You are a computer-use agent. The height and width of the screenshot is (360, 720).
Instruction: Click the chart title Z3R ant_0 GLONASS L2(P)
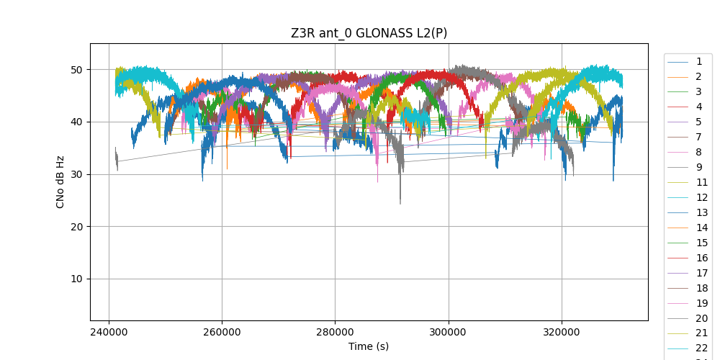tap(369, 33)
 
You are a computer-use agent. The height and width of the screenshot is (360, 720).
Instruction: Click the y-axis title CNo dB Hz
tap(60, 181)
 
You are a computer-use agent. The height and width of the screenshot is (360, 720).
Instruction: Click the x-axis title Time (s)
tap(369, 346)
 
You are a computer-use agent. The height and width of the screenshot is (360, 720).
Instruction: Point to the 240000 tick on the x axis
tap(109, 333)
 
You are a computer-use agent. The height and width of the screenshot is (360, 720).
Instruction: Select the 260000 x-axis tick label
tap(222, 333)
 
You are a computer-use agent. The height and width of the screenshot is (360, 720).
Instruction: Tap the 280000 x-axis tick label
tap(335, 333)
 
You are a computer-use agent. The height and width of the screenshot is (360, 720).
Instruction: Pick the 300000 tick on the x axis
tap(449, 333)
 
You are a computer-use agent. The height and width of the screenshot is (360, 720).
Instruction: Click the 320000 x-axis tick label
tap(562, 333)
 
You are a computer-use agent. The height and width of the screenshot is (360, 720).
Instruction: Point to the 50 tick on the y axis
tap(75, 70)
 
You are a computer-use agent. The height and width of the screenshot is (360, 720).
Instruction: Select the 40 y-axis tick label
tap(75, 122)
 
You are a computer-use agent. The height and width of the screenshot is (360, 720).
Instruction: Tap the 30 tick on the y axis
tap(75, 174)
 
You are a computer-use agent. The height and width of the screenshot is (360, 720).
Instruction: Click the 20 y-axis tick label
tap(75, 227)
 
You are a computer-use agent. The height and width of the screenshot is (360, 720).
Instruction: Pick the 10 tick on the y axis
tap(75, 279)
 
